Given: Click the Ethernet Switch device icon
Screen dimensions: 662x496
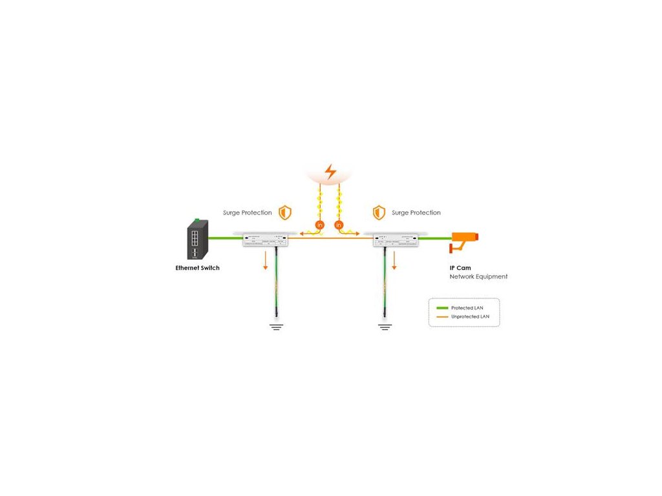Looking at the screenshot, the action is click(198, 239).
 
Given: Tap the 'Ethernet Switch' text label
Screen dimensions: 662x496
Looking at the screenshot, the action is click(197, 268).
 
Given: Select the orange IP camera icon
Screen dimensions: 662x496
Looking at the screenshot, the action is click(464, 240).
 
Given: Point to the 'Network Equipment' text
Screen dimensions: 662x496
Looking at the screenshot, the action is click(478, 276).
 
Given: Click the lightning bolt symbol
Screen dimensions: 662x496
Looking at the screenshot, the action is click(330, 172).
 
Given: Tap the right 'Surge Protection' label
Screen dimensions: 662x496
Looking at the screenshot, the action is click(416, 212).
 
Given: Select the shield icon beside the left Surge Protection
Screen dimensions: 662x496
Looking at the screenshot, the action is click(284, 212).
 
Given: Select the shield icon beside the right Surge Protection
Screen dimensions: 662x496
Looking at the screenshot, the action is click(379, 212).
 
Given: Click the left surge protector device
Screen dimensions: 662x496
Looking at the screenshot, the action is click(265, 240).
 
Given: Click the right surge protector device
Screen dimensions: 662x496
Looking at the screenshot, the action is click(396, 240).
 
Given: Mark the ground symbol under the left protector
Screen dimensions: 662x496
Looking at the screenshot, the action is click(276, 327).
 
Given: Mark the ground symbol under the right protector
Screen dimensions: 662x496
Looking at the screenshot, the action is click(385, 327).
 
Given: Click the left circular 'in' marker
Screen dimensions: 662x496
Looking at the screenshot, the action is click(319, 225).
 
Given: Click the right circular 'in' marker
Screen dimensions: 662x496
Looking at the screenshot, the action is click(339, 225).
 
